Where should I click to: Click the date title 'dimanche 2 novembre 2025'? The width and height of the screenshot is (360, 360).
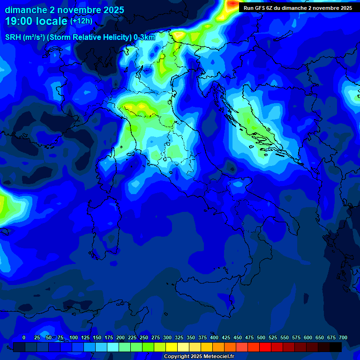[64, 10]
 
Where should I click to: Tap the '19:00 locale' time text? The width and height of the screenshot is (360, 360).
[37, 21]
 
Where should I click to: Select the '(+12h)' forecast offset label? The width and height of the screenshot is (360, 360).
[81, 21]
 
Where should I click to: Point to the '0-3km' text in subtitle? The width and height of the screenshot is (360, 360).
[144, 37]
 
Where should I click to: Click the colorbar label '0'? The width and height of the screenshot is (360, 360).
[24, 338]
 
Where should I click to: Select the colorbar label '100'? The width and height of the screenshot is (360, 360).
[74, 338]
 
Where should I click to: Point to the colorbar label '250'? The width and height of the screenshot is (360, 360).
[144, 338]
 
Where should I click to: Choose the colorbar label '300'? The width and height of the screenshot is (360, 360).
[167, 338]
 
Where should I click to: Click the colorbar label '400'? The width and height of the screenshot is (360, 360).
[214, 338]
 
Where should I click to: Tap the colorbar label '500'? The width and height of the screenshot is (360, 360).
[261, 338]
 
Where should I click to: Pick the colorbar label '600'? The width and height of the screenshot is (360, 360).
[308, 338]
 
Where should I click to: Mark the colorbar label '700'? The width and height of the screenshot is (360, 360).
[343, 338]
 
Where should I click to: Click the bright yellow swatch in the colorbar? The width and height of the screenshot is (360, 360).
[172, 347]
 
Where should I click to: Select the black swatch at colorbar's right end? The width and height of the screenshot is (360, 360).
[336, 347]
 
